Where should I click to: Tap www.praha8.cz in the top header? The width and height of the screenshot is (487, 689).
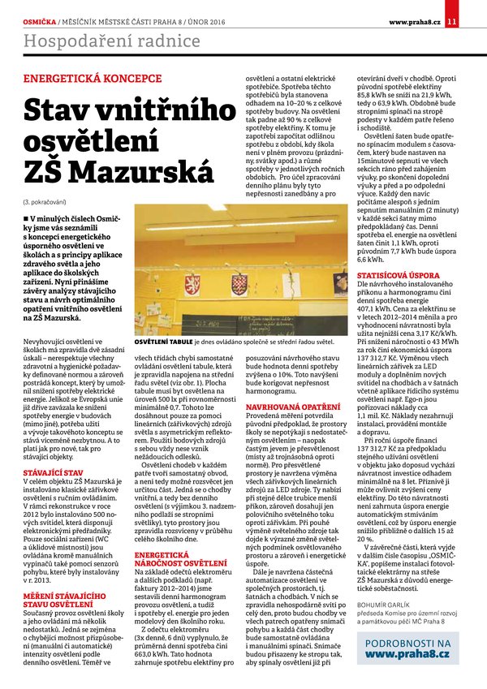(414, 20)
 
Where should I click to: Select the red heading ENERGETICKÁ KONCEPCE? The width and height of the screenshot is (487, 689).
(81, 80)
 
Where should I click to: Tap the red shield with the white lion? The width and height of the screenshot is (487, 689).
(192, 285)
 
